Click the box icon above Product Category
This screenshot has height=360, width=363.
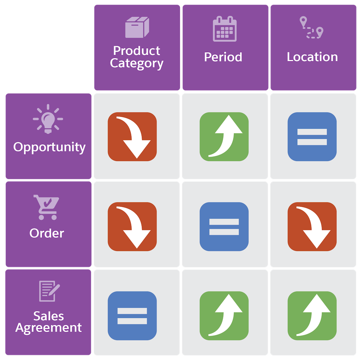pos(137,28)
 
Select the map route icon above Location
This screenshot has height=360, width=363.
pos(311,28)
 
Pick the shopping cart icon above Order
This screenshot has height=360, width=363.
pos(46,207)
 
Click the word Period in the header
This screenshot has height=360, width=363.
pos(223,57)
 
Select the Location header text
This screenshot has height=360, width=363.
pos(312,57)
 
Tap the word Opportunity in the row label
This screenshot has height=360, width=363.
pos(49,147)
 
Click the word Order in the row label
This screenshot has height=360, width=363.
pos(46,233)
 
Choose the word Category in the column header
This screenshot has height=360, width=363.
pos(136,63)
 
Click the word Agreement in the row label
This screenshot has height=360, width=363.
pos(49,328)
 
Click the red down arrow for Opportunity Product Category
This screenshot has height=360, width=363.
pos(132,137)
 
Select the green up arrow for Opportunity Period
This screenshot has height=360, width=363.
pos(224,137)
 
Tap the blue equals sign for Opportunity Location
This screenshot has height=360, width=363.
pos(312,137)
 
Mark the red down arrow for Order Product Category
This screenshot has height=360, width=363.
pos(132,227)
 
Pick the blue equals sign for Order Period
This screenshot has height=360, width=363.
pos(224,227)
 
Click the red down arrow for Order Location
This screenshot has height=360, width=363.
pos(312,227)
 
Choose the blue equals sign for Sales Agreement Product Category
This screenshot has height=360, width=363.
pos(132,316)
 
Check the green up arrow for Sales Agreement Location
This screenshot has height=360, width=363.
pos(312,316)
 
